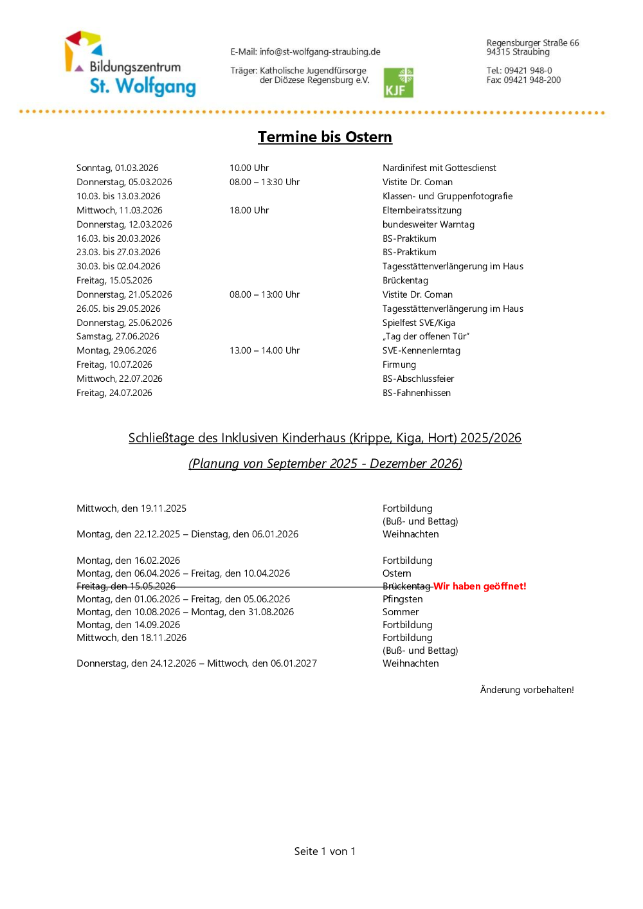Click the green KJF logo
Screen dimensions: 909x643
pos(398,82)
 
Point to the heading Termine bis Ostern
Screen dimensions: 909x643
pos(325,137)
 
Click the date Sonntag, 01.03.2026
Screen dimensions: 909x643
pos(117,168)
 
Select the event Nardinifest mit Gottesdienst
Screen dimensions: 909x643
pos(439,168)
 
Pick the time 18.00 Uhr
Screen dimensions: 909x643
pos(249,210)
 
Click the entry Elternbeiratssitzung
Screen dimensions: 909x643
pos(422,210)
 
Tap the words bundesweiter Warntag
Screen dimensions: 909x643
pos(428,224)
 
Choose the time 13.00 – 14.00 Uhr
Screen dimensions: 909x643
pos(264,350)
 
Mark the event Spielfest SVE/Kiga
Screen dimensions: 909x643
pos(419,323)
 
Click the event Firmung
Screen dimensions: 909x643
pos(399,364)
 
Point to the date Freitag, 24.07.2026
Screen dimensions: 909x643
pos(114,393)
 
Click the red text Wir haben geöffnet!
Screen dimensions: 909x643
pos(480,586)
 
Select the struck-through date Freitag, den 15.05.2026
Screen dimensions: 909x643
pos(126,586)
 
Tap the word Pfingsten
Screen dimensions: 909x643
pos(403,599)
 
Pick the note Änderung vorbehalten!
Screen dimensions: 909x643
pos(527,690)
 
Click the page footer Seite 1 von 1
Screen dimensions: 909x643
pos(325,851)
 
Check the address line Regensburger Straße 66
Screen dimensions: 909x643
pos(532,43)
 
